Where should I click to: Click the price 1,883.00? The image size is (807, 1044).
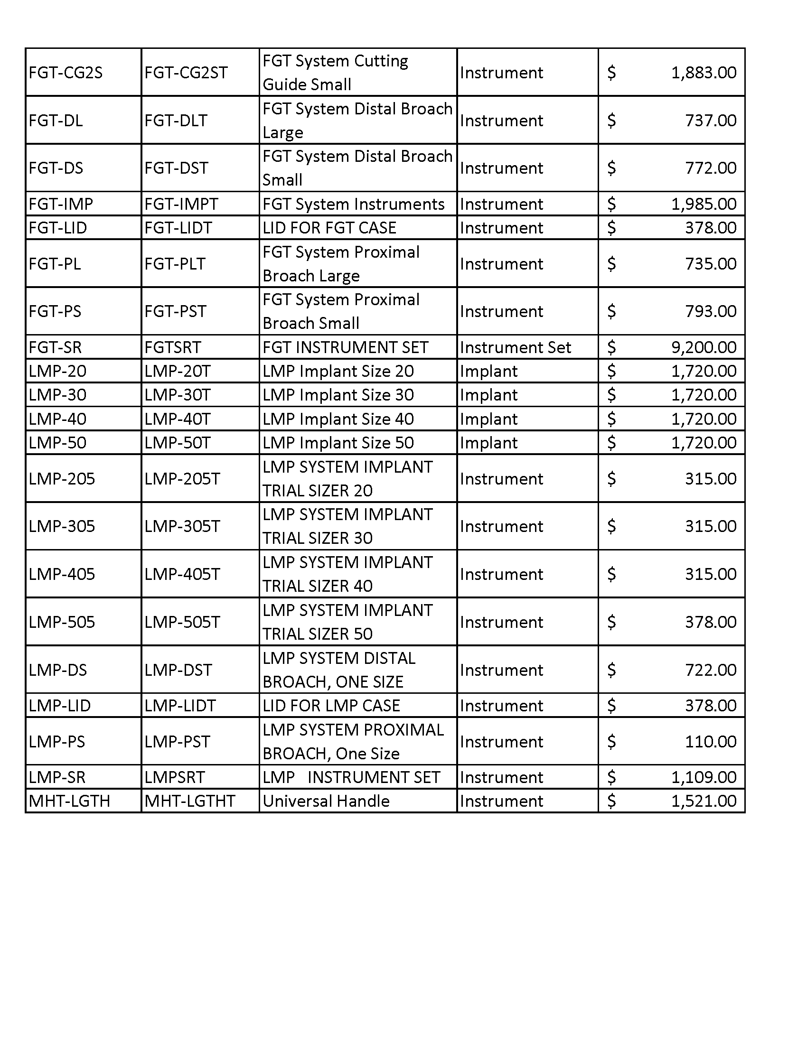pyautogui.click(x=703, y=73)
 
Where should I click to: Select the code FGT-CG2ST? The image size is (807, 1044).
pyautogui.click(x=186, y=73)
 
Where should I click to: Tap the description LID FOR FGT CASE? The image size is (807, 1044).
pyautogui.click(x=329, y=228)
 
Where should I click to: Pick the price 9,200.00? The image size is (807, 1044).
pyautogui.click(x=703, y=347)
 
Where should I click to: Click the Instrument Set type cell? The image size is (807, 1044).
pyautogui.click(x=516, y=347)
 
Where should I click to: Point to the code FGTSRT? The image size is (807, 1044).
pyautogui.click(x=173, y=347)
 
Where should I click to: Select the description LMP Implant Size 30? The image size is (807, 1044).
pyautogui.click(x=338, y=395)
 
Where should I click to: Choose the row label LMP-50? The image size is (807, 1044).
pyautogui.click(x=57, y=443)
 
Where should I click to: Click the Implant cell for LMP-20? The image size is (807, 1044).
pyautogui.click(x=488, y=372)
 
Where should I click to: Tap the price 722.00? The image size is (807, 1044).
pyautogui.click(x=711, y=670)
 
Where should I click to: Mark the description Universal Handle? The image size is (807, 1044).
pyautogui.click(x=326, y=801)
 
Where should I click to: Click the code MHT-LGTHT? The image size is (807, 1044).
pyautogui.click(x=190, y=801)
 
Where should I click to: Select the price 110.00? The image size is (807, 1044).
pyautogui.click(x=711, y=742)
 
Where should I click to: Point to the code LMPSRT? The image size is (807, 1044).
pyautogui.click(x=175, y=777)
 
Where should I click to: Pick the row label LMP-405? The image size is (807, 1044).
pyautogui.click(x=62, y=574)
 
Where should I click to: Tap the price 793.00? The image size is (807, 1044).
pyautogui.click(x=711, y=312)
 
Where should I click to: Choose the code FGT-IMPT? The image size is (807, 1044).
pyautogui.click(x=181, y=204)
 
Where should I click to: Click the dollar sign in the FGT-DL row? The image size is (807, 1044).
pyautogui.click(x=611, y=121)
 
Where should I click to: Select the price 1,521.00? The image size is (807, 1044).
pyautogui.click(x=703, y=801)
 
